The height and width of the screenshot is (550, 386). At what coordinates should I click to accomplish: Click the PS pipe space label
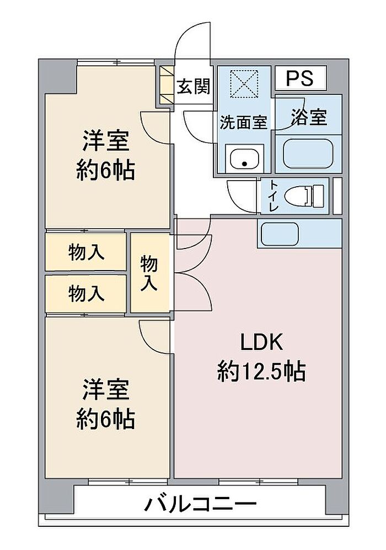(299, 78)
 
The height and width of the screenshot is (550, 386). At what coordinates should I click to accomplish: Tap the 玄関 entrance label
(194, 86)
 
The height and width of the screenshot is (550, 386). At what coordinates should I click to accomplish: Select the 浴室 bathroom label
(309, 117)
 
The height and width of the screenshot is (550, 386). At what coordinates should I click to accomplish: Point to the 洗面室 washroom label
(244, 122)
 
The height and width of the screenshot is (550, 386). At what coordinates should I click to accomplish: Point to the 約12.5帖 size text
(261, 372)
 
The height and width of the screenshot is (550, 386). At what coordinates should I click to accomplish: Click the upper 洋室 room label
(106, 141)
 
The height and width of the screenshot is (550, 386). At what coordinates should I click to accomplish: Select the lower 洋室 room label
(106, 390)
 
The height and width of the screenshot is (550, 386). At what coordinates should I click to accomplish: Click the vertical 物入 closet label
(149, 273)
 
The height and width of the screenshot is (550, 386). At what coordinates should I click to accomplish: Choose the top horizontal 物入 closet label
(86, 252)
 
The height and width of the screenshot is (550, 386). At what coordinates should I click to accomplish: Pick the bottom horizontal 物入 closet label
(86, 293)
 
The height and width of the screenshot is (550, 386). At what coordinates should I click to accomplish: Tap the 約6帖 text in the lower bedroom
(106, 420)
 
